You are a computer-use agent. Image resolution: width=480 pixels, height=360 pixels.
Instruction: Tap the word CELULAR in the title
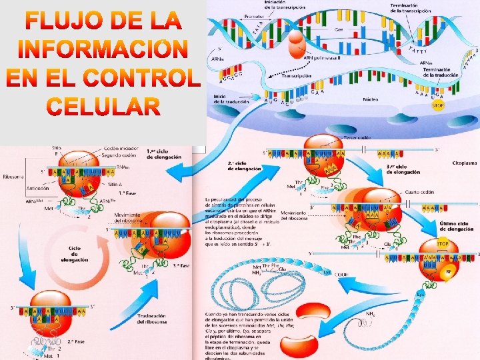tap(103, 106)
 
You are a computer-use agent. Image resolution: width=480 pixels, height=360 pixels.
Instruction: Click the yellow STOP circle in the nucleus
tap(438, 105)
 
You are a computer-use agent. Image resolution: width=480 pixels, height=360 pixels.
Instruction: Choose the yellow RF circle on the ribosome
tap(448, 271)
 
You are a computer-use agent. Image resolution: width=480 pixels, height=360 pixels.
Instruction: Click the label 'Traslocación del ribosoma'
tap(153, 319)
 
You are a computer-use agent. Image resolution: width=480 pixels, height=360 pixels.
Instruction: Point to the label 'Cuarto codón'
tap(419, 192)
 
